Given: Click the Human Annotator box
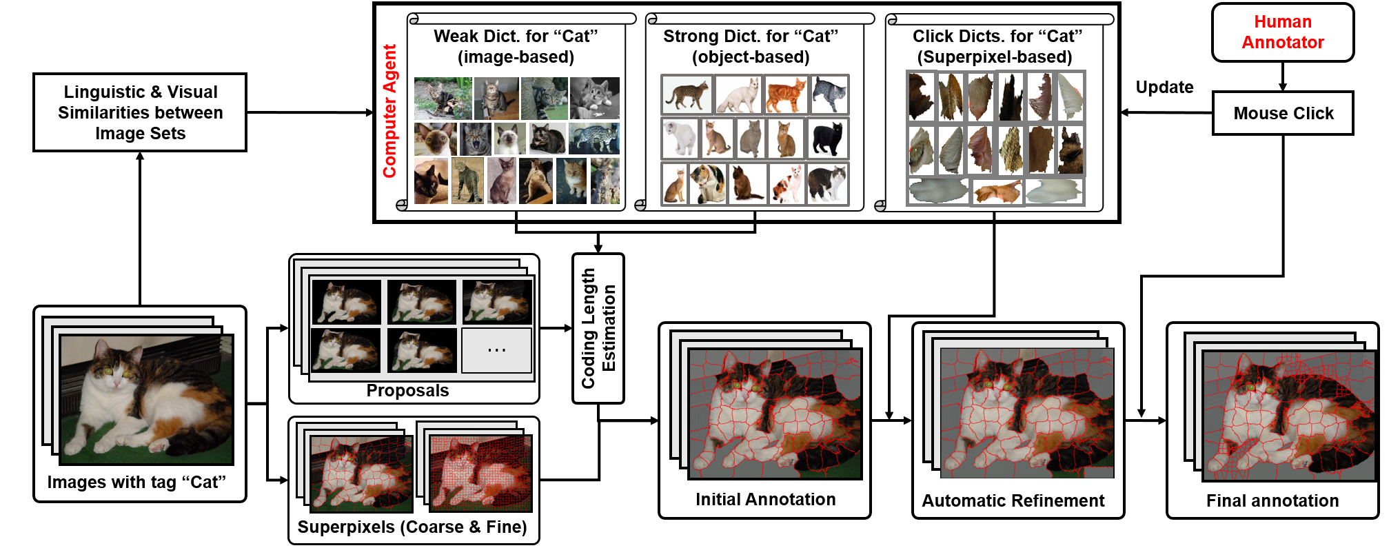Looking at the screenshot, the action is [1282, 32].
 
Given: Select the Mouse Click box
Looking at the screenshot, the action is [1283, 113].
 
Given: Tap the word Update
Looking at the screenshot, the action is [1164, 87].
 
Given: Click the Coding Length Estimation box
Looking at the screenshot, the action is [598, 328].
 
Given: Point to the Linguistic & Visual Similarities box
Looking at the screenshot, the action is [140, 112].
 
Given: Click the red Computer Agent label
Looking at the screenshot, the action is [389, 111].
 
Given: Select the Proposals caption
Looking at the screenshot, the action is [407, 390].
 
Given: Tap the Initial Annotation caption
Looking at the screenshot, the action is [765, 499].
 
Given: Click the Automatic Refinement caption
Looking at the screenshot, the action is [1013, 500].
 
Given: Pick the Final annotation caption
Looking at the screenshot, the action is [1272, 500].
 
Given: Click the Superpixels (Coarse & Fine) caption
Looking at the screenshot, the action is [412, 527].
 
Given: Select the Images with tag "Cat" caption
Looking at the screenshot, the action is [136, 482].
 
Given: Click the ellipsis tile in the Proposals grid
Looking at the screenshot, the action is [496, 350].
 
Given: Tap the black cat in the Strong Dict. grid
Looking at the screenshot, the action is [827, 138].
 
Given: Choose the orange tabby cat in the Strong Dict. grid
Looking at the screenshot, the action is [786, 94].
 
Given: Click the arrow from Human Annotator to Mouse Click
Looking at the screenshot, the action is [1283, 77].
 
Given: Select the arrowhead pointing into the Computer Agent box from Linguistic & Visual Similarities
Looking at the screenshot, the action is [369, 112].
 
